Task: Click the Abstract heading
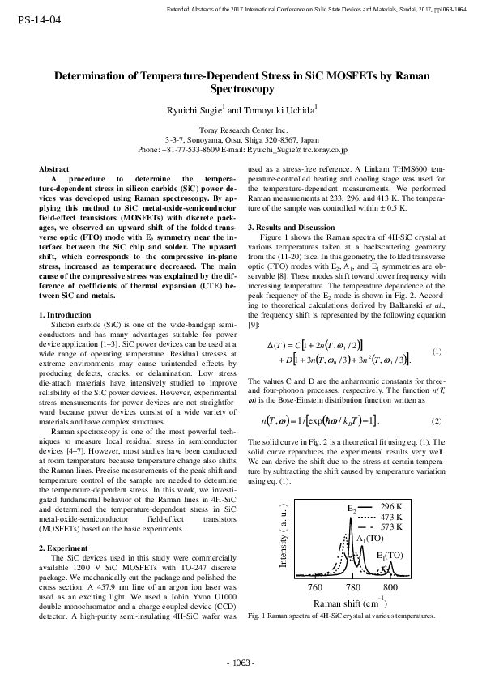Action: pyautogui.click(x=54, y=168)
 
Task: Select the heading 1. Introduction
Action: pyautogui.click(x=66, y=291)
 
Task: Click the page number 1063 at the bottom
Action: pyautogui.click(x=241, y=664)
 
